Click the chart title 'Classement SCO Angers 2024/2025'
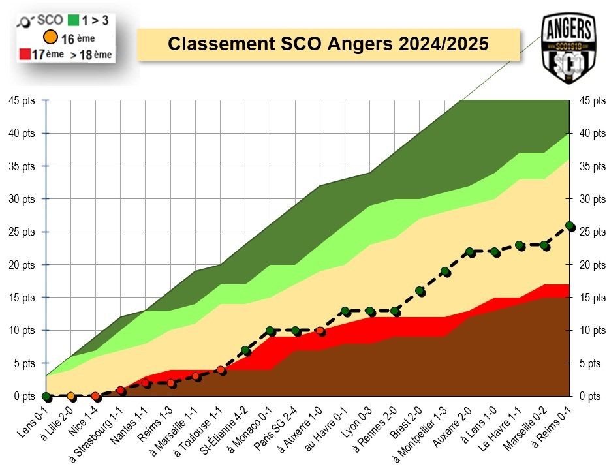(328, 44)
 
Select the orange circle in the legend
(49, 38)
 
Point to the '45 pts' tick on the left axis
(22, 100)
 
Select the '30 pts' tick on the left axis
(22, 199)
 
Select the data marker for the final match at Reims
(569, 226)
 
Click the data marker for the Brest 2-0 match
(420, 292)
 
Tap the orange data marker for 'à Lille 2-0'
(70, 396)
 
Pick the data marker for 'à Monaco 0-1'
(270, 331)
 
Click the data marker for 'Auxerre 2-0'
(470, 252)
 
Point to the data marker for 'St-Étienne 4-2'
(245, 350)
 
